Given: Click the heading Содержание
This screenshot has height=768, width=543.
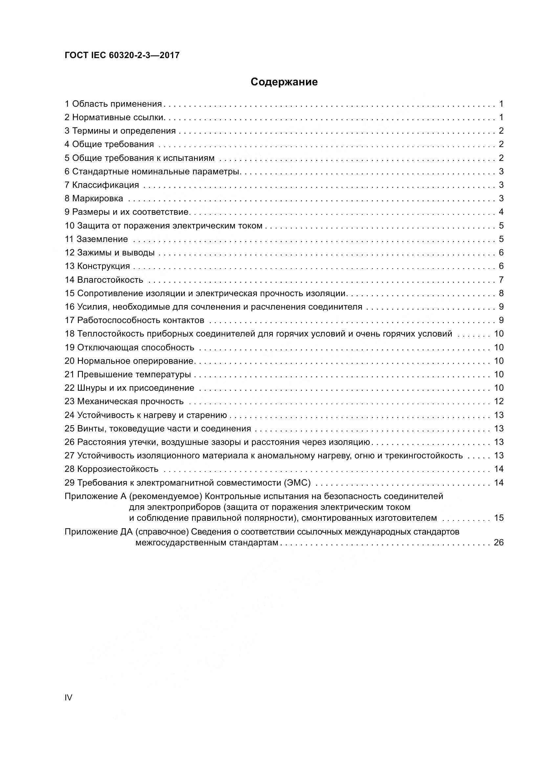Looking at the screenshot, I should [x=284, y=82].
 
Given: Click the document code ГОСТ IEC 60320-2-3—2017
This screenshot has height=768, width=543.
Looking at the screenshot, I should [x=122, y=55].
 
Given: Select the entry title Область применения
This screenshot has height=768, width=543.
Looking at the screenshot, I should [x=117, y=104].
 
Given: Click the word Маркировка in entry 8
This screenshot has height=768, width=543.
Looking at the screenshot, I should [x=98, y=198].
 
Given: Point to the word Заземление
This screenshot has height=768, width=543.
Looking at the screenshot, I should [x=102, y=239].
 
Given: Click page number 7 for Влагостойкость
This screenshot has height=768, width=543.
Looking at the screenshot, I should [x=501, y=280].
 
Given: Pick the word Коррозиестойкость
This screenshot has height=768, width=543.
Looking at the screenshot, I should [x=118, y=469].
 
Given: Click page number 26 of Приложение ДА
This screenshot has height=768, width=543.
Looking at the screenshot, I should [x=499, y=542].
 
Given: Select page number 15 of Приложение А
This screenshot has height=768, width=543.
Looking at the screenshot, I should [x=499, y=518].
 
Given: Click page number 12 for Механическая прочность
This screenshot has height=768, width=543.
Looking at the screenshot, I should [x=499, y=401].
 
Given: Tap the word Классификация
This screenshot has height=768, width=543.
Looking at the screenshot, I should [x=105, y=185].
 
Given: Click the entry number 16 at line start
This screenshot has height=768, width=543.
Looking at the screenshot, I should [x=70, y=307].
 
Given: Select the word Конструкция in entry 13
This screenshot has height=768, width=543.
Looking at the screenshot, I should [x=104, y=266].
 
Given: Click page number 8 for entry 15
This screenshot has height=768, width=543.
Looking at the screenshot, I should [x=501, y=293].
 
